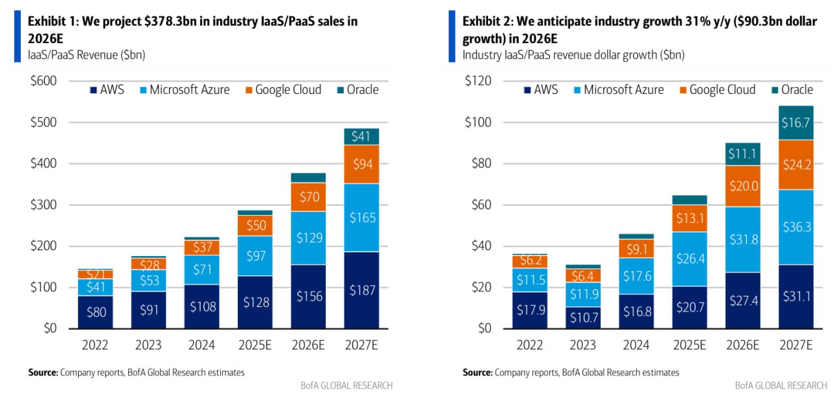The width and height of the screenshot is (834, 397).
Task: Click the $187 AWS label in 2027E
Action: point(362,290)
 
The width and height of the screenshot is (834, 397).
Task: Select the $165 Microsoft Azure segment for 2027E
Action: point(362,217)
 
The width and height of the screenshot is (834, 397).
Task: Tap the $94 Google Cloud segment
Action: point(362,164)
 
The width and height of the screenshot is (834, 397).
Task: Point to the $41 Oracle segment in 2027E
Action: point(362,136)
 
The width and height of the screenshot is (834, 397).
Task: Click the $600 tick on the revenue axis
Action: point(44,81)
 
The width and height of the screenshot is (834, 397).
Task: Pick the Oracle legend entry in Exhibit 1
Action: point(357,90)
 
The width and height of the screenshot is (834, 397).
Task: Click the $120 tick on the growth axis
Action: point(478,81)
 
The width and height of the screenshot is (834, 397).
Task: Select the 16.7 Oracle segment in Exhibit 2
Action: point(796,123)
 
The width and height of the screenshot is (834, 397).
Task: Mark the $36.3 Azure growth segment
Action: point(796,228)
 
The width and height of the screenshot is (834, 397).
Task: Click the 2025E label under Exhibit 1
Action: point(255,345)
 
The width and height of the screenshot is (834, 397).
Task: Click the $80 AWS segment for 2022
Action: point(94,312)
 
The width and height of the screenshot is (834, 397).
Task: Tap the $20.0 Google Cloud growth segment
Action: point(742,186)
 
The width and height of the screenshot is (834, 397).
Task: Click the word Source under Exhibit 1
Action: point(42,373)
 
